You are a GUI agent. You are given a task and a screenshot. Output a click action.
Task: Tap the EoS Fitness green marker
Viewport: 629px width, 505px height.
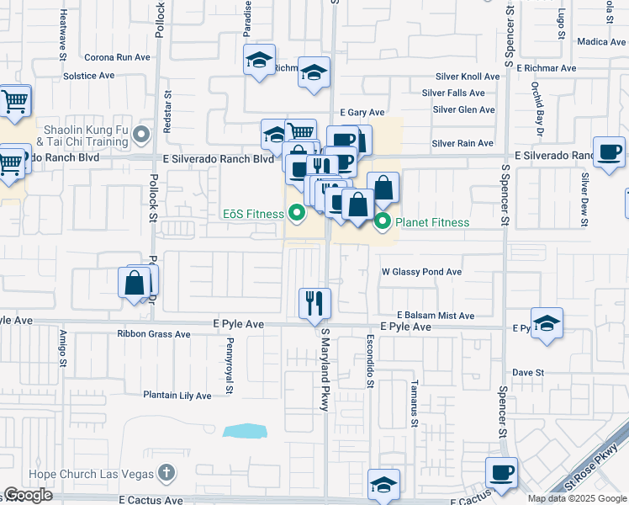pyautogui.click(x=296, y=214)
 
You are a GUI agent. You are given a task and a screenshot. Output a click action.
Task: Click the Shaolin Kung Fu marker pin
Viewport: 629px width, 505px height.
pyautogui.click(x=141, y=133)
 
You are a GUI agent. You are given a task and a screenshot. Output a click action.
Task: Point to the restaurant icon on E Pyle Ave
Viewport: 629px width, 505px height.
pyautogui.click(x=315, y=303)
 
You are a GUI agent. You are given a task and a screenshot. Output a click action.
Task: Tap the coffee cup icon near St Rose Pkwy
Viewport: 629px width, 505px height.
pyautogui.click(x=502, y=471)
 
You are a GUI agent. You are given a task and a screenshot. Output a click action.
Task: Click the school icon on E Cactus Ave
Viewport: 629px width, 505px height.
pyautogui.click(x=383, y=484)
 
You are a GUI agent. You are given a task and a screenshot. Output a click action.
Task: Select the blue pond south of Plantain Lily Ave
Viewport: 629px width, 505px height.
pyautogui.click(x=245, y=431)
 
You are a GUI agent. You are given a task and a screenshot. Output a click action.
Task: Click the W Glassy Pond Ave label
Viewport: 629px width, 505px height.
pyautogui.click(x=422, y=272)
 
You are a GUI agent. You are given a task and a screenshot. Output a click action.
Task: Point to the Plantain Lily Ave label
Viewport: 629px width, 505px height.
pyautogui.click(x=177, y=395)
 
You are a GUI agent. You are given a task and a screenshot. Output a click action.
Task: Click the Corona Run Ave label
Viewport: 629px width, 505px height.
pyautogui.click(x=117, y=57)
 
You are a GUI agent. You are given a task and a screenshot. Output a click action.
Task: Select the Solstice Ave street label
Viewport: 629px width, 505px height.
pyautogui.click(x=88, y=75)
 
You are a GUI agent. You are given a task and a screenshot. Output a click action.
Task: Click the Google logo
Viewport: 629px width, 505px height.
pyautogui.click(x=28, y=495)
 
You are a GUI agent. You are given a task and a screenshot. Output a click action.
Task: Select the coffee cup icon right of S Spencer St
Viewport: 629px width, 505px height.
pyautogui.click(x=609, y=151)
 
